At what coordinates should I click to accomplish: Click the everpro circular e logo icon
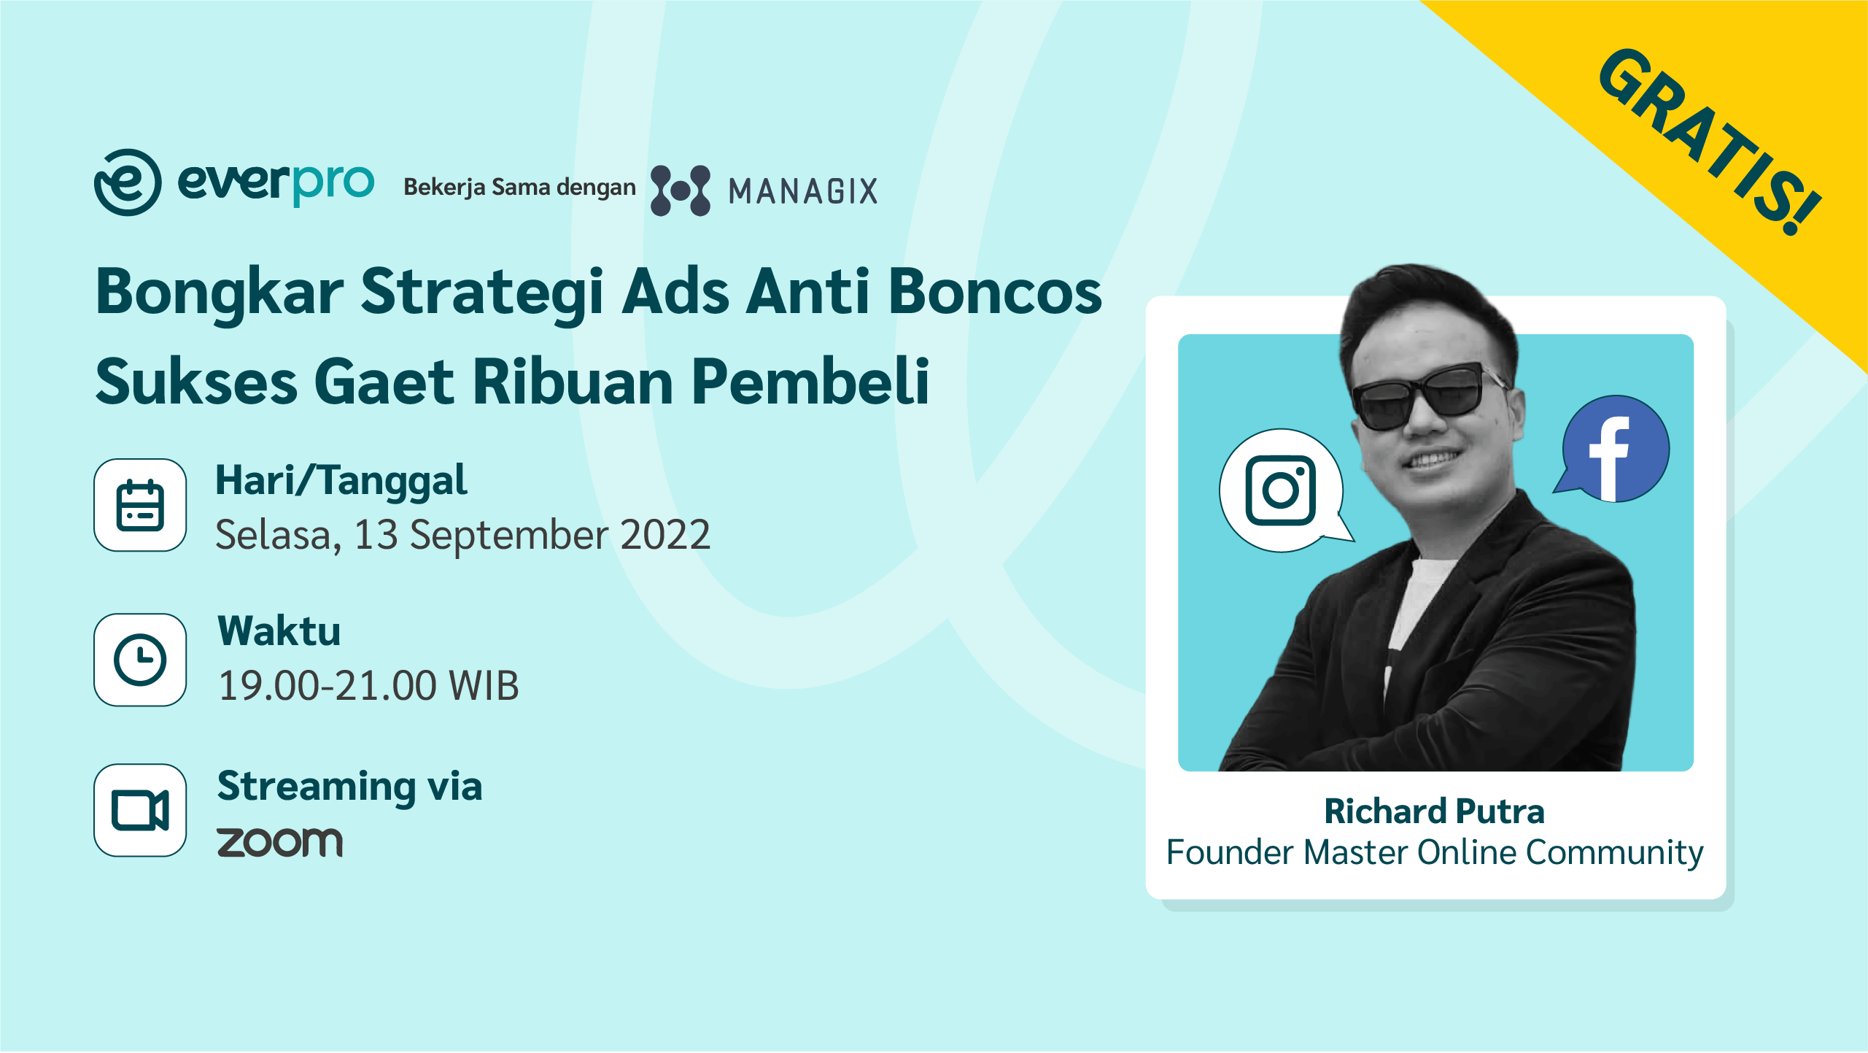[128, 182]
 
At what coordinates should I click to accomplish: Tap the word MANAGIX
[803, 192]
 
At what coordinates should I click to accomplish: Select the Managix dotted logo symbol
[681, 190]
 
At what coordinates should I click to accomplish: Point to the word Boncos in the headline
[996, 292]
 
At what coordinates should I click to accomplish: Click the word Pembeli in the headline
[810, 382]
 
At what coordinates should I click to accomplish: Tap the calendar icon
[140, 505]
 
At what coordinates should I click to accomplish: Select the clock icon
[140, 660]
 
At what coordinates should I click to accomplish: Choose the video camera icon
[140, 810]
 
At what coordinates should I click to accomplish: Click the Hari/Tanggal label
[341, 482]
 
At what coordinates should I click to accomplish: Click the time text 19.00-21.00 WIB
[368, 686]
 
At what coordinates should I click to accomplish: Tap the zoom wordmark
[280, 842]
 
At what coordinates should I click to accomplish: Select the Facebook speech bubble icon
[1614, 450]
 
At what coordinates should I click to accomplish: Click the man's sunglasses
[1427, 396]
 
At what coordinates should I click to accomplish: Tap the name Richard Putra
[1435, 811]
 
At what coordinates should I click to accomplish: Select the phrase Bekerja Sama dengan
[519, 188]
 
